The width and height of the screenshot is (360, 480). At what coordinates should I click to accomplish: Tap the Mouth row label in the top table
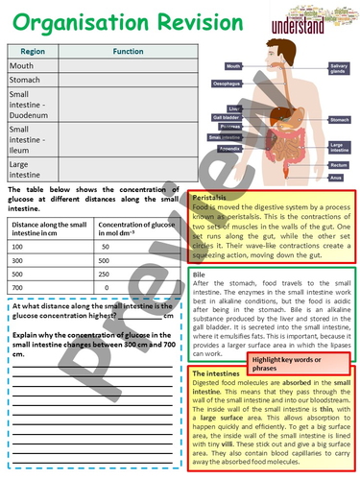[x=22, y=66]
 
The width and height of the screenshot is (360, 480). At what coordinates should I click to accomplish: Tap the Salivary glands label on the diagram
[x=339, y=67]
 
